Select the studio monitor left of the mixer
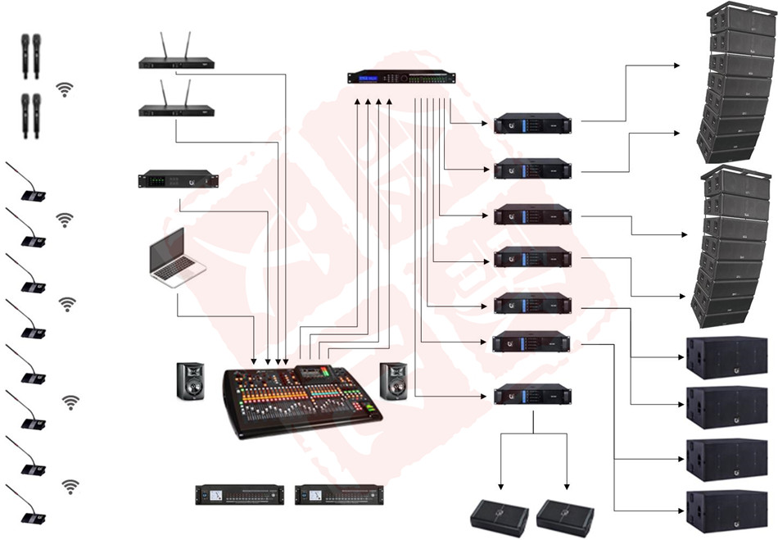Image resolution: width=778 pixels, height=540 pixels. click(192, 381)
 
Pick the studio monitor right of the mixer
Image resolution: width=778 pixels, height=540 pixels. click(395, 381)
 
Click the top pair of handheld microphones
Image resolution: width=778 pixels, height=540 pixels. click(31, 56)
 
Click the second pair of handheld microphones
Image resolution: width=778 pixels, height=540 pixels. click(31, 113)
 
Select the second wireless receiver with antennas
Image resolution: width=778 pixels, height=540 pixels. click(176, 109)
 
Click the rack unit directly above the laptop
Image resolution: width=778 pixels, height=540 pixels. click(178, 180)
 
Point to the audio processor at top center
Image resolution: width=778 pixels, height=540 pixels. click(401, 78)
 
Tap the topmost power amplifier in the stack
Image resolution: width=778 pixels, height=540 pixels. click(531, 125)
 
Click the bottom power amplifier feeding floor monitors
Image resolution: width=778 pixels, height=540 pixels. click(531, 395)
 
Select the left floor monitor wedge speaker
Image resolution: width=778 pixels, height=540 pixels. click(499, 516)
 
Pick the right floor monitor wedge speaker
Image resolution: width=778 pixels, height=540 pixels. click(565, 516)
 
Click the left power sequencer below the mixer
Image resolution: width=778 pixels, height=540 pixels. click(239, 494)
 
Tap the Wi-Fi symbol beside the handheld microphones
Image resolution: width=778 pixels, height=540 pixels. click(65, 90)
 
